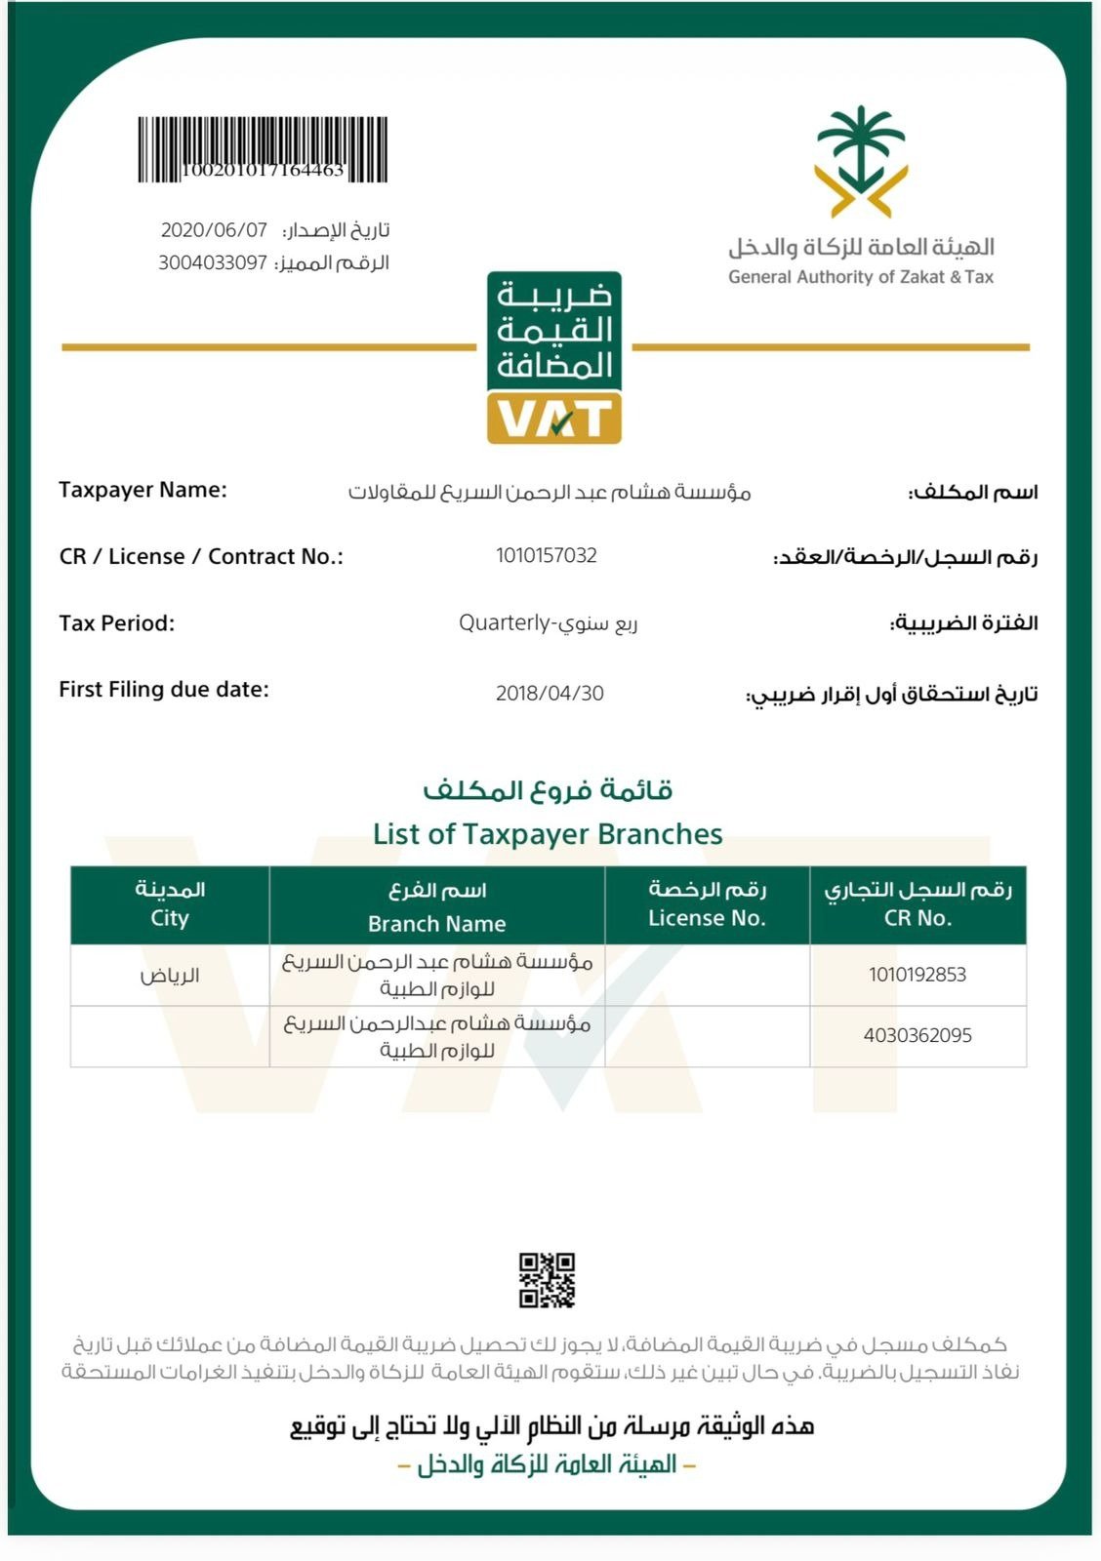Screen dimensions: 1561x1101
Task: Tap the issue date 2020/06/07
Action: [x=214, y=230]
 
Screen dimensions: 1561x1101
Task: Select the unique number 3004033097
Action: [x=213, y=262]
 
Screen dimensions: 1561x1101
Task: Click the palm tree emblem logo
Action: [x=861, y=161]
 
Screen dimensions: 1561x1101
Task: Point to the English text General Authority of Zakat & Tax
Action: [x=860, y=277]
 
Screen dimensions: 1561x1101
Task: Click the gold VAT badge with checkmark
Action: [x=554, y=419]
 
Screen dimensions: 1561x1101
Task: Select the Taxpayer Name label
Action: [x=143, y=490]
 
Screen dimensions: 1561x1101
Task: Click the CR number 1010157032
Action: [x=547, y=556]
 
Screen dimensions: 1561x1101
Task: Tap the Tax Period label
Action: [x=117, y=623]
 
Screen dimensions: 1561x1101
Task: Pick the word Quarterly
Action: [x=505, y=622]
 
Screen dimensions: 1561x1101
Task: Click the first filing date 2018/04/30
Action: [x=550, y=694]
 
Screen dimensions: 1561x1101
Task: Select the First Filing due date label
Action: [x=164, y=690]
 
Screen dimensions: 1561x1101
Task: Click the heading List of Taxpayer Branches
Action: [x=548, y=834]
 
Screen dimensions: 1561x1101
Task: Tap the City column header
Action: [x=170, y=918]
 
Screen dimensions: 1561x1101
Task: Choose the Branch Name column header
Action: [x=436, y=923]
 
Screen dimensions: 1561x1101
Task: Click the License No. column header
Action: [x=707, y=918]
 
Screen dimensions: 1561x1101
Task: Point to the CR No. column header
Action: [x=917, y=918]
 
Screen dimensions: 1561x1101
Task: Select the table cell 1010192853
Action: [x=917, y=975]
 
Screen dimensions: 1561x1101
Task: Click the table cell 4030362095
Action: [x=917, y=1036]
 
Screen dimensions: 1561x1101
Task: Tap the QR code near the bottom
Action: [x=547, y=1280]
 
